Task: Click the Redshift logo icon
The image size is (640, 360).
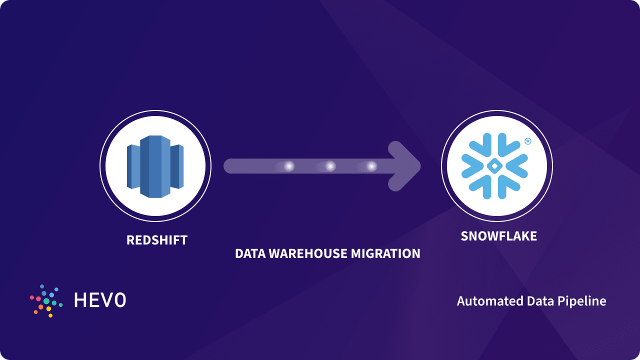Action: tap(155, 166)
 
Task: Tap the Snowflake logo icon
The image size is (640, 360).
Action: tap(494, 165)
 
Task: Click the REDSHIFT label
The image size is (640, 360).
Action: tap(157, 240)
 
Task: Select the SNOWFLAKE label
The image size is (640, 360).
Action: tap(498, 236)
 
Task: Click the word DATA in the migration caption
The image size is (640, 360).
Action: tap(250, 253)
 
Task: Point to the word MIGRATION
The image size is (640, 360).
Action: tap(385, 253)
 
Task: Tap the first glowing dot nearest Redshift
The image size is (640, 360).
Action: tap(289, 166)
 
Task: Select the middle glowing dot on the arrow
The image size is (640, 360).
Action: tap(330, 166)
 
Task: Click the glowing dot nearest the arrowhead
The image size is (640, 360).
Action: tap(371, 166)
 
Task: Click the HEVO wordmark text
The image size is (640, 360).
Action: tap(100, 300)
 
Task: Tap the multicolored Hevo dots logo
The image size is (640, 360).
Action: tap(46, 301)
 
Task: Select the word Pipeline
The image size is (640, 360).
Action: tap(584, 301)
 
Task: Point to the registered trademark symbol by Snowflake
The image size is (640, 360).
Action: tap(528, 141)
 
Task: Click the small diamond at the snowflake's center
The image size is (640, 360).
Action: tap(494, 165)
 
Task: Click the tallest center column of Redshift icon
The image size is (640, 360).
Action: tap(155, 166)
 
